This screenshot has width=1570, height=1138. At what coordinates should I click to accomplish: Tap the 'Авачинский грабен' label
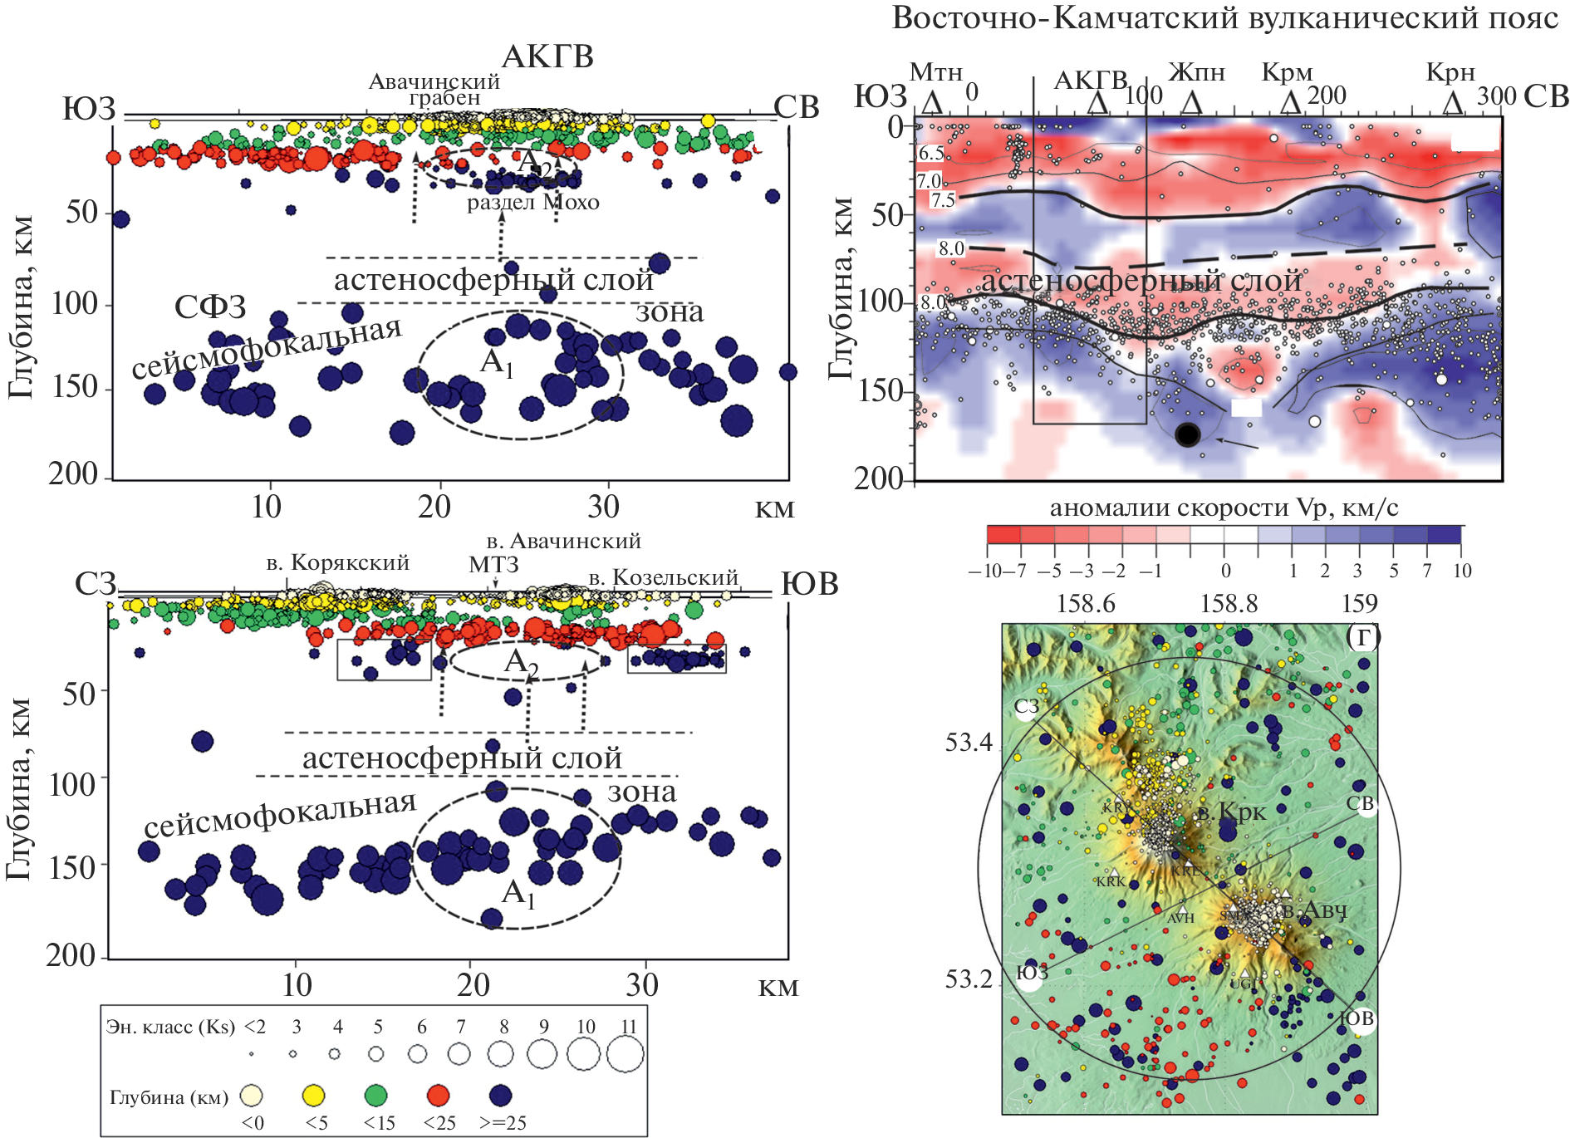(x=435, y=90)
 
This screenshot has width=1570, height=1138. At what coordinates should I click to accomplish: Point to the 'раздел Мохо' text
(x=532, y=203)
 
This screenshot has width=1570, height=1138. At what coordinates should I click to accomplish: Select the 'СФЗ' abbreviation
(x=210, y=307)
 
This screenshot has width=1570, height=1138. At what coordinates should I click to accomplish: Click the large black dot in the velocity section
(x=1188, y=434)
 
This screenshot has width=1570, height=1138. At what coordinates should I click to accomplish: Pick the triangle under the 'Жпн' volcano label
(x=1192, y=103)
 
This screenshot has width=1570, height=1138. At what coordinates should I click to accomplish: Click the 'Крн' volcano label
(x=1450, y=73)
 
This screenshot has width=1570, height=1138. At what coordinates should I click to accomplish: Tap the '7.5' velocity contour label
(x=943, y=200)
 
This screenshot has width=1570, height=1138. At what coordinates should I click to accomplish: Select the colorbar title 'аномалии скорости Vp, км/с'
(x=1224, y=508)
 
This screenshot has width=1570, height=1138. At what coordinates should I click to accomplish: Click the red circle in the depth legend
(x=438, y=1096)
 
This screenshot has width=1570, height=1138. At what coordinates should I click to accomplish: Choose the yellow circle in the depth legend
(x=314, y=1096)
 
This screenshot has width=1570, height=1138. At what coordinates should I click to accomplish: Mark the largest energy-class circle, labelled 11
(x=625, y=1055)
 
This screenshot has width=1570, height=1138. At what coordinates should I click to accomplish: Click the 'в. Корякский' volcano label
(x=338, y=563)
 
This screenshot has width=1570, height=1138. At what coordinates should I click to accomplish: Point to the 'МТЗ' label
(x=493, y=565)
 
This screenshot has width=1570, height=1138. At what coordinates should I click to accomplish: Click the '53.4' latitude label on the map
(x=969, y=743)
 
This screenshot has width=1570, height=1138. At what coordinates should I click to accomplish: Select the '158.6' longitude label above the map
(x=1086, y=603)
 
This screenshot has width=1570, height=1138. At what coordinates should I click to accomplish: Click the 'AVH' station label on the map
(x=1180, y=918)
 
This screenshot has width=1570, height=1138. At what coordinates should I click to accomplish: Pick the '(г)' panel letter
(x=1362, y=635)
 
